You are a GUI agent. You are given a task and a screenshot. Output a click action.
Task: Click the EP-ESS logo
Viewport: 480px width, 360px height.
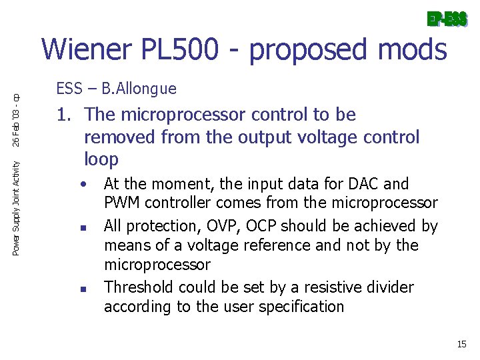[447, 19]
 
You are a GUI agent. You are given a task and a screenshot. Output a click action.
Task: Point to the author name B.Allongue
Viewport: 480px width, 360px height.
[145, 89]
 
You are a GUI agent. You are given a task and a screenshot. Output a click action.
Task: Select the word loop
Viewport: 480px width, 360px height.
[101, 160]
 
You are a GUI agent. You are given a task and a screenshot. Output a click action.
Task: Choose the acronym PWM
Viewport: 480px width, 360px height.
[121, 203]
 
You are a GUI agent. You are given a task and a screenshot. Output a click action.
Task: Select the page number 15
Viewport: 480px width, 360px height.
[461, 345]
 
